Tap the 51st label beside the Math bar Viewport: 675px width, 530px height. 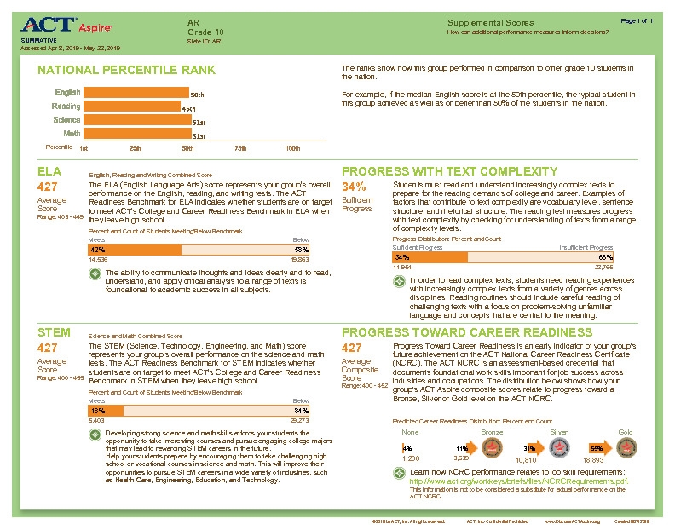coord(199,135)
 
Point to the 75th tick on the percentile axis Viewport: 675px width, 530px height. coord(240,147)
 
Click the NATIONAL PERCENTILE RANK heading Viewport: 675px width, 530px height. coord(127,70)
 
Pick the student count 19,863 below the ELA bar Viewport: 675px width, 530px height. coord(299,258)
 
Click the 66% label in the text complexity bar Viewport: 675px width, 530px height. coord(606,256)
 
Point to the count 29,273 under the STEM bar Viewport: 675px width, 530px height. coord(299,420)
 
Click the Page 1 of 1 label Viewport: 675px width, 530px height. coord(637,20)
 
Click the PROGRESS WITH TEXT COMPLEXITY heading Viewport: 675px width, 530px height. coord(461,170)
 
